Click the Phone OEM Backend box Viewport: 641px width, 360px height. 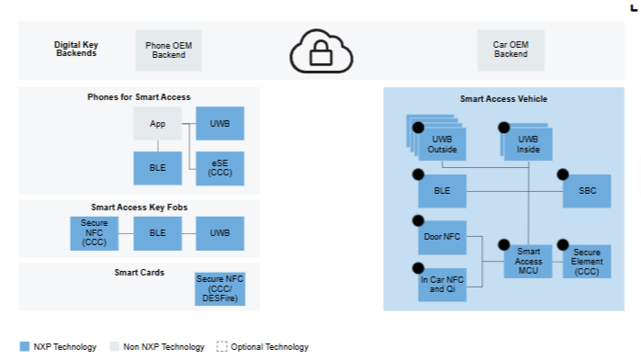168,51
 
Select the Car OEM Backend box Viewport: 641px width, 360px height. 511,51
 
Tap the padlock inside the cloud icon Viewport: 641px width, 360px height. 320,53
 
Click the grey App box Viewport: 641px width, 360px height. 157,123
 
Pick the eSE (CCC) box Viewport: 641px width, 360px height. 219,168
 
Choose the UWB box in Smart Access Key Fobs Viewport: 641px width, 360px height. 219,233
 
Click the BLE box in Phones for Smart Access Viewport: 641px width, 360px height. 157,168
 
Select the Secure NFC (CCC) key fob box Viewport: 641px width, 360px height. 94,233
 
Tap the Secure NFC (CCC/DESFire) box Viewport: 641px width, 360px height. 219,289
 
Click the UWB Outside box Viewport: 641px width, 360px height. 443,144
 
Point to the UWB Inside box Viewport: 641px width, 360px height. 528,144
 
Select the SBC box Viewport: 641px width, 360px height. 587,191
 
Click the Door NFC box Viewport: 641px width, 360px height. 443,238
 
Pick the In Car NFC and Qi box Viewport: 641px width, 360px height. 443,285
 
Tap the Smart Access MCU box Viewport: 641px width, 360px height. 528,262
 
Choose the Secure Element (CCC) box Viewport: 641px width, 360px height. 587,262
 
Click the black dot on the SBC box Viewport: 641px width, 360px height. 563,174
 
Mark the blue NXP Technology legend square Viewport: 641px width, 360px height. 25,346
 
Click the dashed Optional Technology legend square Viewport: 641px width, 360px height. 221,346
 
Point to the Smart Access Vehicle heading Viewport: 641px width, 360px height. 503,99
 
